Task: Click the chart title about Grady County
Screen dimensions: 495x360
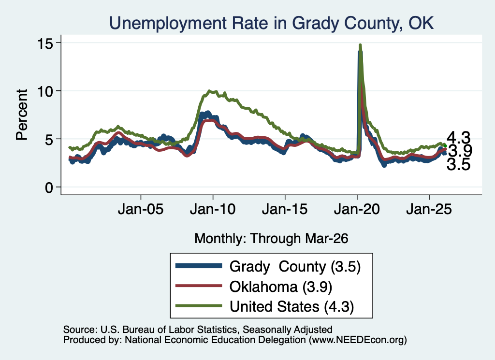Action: pyautogui.click(x=272, y=23)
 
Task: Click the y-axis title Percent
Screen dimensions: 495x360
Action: pyautogui.click(x=22, y=115)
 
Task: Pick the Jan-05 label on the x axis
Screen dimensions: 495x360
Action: pyautogui.click(x=141, y=209)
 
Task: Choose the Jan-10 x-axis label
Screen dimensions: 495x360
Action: pyautogui.click(x=213, y=209)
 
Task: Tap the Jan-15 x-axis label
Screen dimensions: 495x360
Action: pyautogui.click(x=285, y=209)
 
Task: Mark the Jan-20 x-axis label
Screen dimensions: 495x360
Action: pyautogui.click(x=357, y=209)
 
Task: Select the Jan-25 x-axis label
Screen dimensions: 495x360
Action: pyautogui.click(x=429, y=209)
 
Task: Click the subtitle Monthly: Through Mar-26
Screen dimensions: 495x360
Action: pyautogui.click(x=271, y=238)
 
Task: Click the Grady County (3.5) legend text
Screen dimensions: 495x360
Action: pyautogui.click(x=295, y=267)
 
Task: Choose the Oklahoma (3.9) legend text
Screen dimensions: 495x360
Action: pyautogui.click(x=281, y=287)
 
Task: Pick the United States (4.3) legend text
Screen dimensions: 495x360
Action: pyautogui.click(x=291, y=306)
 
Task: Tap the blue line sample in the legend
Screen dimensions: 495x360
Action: pyautogui.click(x=199, y=266)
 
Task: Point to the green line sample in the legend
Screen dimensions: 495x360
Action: pyautogui.click(x=199, y=305)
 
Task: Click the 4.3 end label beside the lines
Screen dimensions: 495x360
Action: pyautogui.click(x=458, y=138)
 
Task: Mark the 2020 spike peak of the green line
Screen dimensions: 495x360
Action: pyautogui.click(x=360, y=45)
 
